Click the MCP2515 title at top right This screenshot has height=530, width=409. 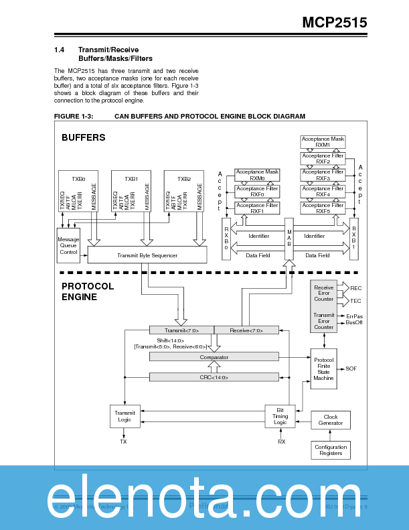(334, 23)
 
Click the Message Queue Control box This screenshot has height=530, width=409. (68, 246)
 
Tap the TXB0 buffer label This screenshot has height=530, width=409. (78, 179)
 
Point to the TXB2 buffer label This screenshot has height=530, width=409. (184, 179)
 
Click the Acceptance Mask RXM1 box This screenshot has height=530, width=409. (323, 141)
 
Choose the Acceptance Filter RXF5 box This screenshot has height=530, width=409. (323, 208)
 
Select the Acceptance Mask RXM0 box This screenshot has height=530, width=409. (257, 175)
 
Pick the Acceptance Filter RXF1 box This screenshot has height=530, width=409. (257, 208)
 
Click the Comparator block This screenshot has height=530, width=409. (214, 357)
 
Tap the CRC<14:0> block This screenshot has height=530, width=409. (214, 377)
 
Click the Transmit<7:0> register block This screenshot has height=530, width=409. (181, 330)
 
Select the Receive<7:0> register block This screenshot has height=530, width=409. (246, 330)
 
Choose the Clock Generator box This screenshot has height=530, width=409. (331, 420)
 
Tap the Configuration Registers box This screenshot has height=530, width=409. (331, 450)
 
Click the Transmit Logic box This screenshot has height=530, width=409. (125, 417)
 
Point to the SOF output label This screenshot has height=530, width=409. (351, 369)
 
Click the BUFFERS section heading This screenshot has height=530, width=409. (84, 137)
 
